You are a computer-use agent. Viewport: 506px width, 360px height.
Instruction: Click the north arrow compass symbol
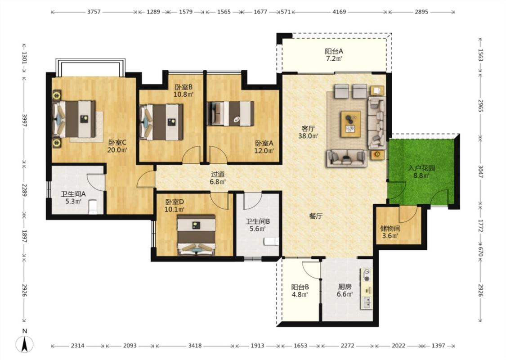[25, 344]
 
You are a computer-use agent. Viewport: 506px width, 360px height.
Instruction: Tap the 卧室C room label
[117, 142]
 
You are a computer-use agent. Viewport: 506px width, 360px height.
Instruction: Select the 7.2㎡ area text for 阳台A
[334, 59]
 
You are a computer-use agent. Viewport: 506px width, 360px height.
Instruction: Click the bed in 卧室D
[197, 235]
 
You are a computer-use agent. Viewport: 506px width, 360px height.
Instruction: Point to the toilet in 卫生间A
[93, 207]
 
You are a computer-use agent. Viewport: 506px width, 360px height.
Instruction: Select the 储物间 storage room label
[390, 229]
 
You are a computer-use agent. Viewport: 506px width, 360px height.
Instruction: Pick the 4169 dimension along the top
[339, 12]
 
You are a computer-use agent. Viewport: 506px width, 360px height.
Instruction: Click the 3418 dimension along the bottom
[195, 346]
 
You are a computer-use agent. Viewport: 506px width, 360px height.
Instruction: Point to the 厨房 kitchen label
[345, 287]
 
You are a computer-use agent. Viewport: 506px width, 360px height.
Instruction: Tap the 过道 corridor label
[218, 174]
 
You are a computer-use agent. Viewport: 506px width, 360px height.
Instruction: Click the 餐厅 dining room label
[316, 216]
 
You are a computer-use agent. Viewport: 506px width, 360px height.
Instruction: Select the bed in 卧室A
[230, 113]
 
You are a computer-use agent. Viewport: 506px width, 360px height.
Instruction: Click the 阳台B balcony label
[300, 287]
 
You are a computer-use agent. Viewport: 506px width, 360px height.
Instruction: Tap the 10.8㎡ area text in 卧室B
[184, 94]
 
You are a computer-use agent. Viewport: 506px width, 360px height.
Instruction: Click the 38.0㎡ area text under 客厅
[308, 136]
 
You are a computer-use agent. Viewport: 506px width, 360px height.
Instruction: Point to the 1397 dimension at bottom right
[438, 346]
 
